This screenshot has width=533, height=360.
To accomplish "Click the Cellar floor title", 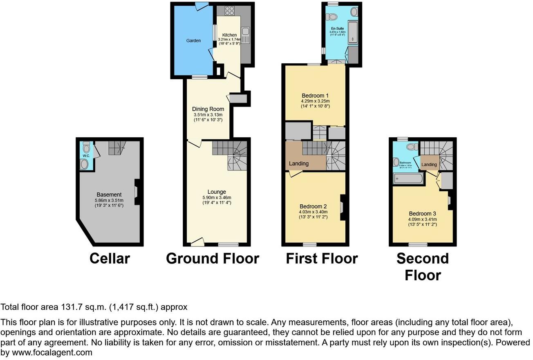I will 110,258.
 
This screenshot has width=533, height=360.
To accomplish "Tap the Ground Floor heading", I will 213,258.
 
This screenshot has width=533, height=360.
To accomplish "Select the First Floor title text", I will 322,258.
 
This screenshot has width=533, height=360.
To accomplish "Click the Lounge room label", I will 217,192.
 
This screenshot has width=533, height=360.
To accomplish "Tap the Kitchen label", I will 229,35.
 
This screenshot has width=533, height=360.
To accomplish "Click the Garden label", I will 193,41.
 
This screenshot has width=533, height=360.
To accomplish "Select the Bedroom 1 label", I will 315,96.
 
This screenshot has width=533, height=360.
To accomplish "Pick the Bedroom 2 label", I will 313,206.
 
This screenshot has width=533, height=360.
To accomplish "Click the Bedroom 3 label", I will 423,214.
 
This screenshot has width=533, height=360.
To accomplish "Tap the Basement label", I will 109,195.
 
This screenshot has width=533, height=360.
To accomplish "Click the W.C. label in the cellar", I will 86,156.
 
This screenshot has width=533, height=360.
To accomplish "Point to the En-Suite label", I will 338,28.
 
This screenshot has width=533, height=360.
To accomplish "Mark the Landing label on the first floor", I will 299,163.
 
